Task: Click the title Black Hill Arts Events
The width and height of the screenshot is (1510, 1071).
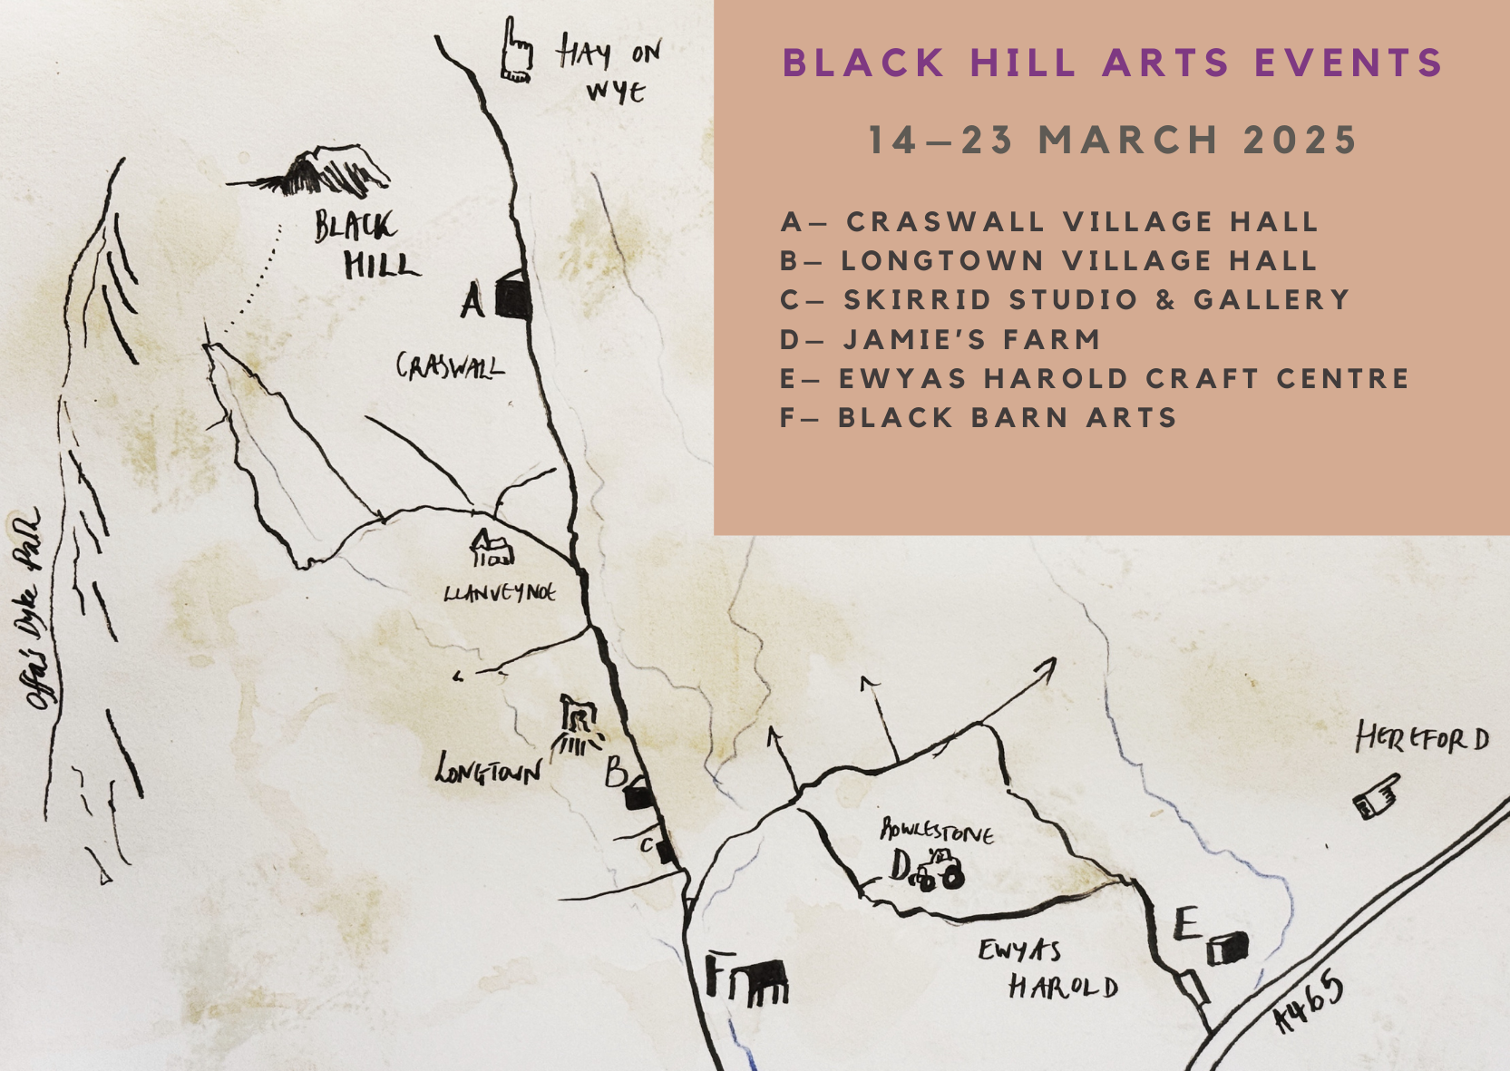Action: point(1112,63)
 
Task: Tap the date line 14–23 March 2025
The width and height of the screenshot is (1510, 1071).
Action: point(1112,141)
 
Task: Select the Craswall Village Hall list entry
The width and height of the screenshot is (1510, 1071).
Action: point(1048,222)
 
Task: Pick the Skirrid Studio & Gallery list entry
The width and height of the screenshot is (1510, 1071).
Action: point(1065,300)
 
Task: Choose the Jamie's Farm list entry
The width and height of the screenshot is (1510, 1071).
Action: point(940,340)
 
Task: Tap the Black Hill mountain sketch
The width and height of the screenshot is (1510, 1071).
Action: point(317,172)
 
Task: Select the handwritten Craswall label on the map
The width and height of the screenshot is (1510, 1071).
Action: point(450,366)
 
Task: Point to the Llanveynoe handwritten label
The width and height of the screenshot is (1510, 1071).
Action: point(500,593)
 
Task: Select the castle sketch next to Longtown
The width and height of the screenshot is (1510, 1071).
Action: point(577,726)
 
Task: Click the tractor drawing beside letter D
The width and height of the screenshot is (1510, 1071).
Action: point(938,871)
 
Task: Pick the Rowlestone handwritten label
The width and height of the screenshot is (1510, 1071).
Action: point(936,830)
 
